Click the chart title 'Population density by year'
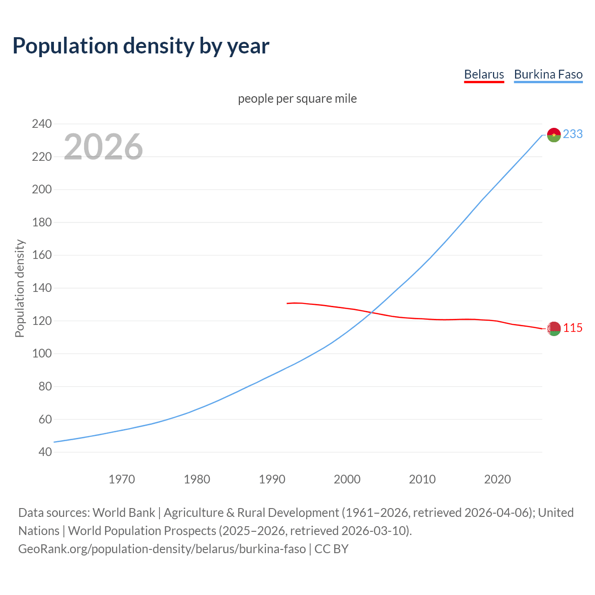tap(141, 46)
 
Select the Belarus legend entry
tap(484, 74)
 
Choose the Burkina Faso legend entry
tap(548, 74)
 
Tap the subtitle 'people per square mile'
tap(297, 99)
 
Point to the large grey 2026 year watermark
tap(103, 147)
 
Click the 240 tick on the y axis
tap(41, 124)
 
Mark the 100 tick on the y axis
tap(41, 354)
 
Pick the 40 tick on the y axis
tap(45, 452)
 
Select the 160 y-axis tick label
tap(41, 255)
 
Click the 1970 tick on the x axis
tap(122, 479)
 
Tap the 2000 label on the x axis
tap(347, 479)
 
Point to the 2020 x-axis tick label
tap(497, 479)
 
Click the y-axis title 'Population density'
tap(20, 288)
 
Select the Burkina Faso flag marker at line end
tap(554, 135)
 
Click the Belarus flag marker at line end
tap(554, 329)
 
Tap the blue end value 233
tap(573, 134)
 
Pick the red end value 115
tap(573, 328)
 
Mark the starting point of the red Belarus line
tap(287, 304)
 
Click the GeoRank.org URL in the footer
tap(162, 549)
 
